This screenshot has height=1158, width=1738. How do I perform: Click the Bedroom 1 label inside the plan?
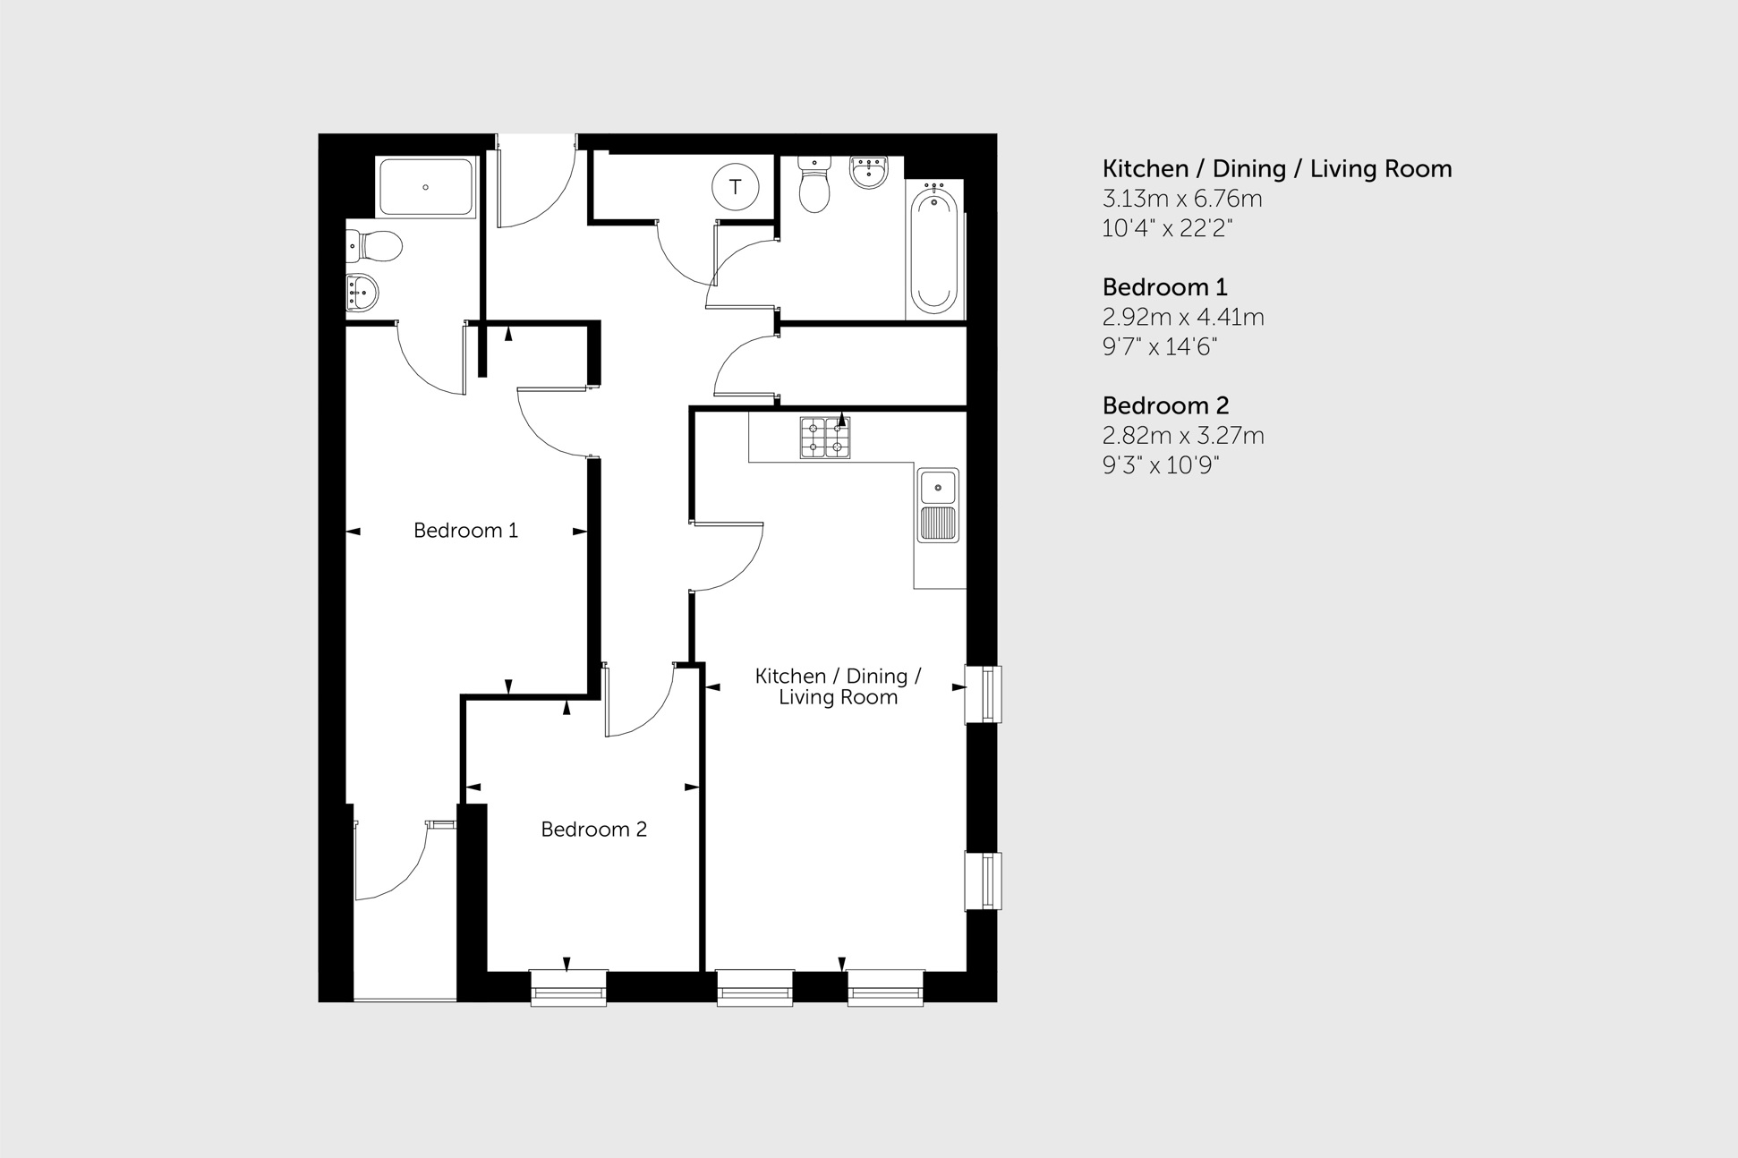coord(465,531)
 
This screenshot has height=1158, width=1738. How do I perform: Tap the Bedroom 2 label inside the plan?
coord(593,830)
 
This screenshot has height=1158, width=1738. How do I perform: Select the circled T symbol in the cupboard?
coord(736,187)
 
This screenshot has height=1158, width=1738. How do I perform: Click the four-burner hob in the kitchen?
coord(824,439)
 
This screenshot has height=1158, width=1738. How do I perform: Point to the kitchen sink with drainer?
coord(938,506)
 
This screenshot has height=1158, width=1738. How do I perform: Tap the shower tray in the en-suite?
coord(426,187)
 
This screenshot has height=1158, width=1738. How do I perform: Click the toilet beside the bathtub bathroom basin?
coord(814,185)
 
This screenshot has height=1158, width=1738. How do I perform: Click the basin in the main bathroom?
coord(868,171)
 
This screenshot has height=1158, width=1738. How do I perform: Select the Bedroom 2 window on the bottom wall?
coord(568,988)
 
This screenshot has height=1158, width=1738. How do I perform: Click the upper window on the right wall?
coord(984,694)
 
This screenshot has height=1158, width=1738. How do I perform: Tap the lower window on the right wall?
coord(984,881)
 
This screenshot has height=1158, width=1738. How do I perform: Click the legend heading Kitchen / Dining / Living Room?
coord(1276,169)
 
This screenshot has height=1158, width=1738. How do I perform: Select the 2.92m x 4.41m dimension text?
coord(1182,317)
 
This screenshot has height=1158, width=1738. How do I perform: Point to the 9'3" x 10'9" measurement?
coord(1161,465)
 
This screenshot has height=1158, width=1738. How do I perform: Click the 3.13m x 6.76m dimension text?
coord(1181,199)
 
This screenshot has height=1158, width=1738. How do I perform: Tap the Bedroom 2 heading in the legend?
coord(1165,406)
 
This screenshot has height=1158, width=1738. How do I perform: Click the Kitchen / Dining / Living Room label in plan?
coord(838,686)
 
